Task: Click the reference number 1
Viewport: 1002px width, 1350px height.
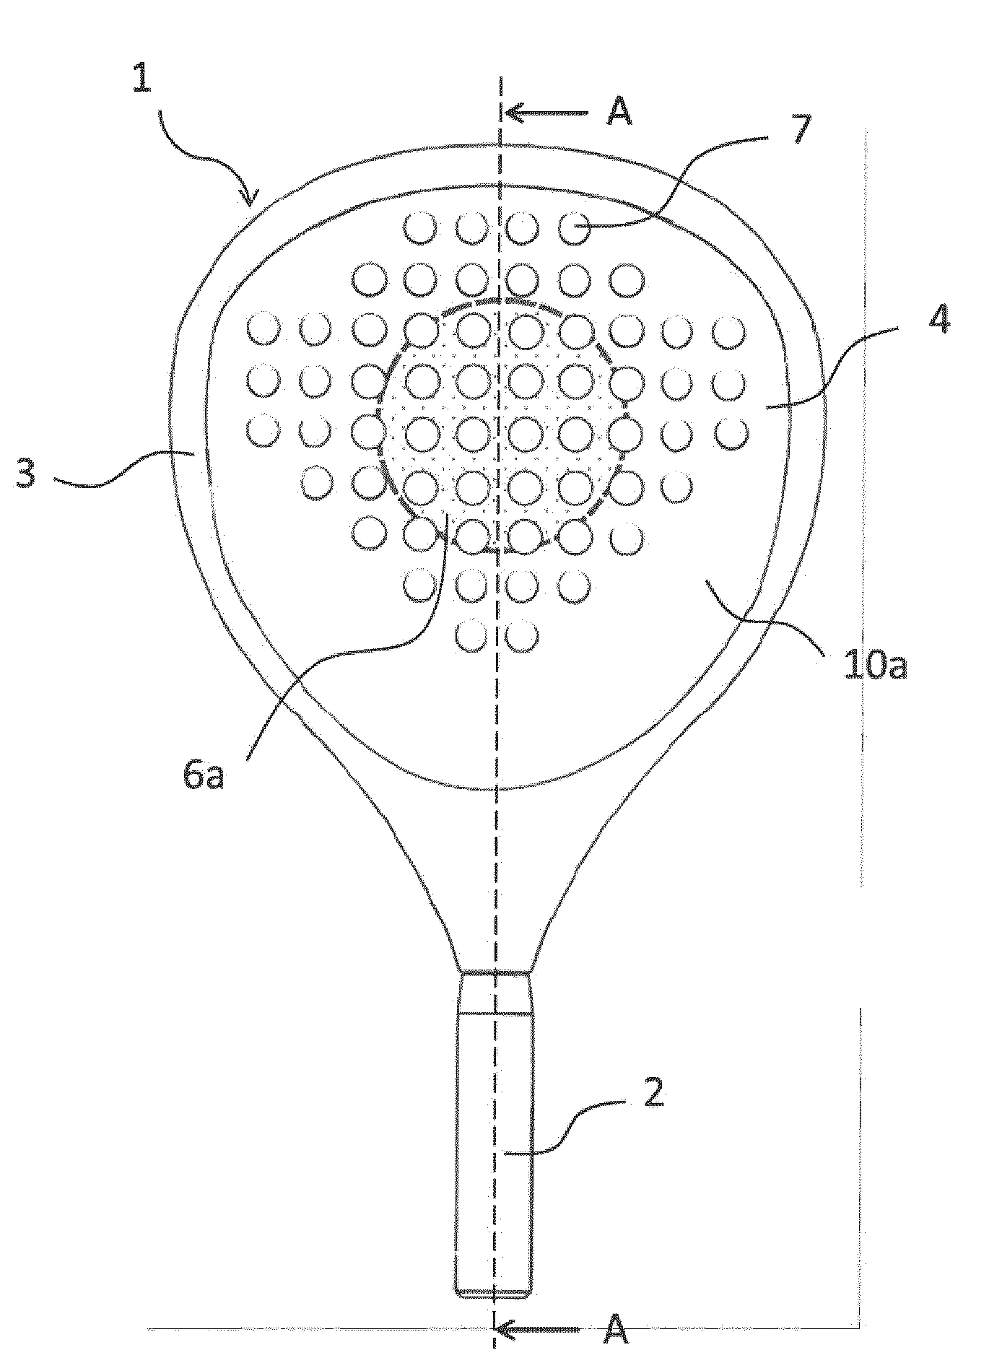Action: [142, 78]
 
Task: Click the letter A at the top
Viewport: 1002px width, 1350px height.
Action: [618, 113]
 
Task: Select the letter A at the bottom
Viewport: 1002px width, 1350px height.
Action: [615, 1328]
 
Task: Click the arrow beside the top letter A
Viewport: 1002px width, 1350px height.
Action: [546, 113]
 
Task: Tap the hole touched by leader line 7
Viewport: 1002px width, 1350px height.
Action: [575, 228]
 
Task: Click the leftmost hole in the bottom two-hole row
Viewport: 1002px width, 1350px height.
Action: [472, 636]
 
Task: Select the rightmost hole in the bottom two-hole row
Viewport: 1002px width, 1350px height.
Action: [523, 636]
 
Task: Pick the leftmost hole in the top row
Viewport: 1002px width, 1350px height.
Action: [420, 228]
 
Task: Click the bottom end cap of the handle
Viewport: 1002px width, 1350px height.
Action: [495, 1291]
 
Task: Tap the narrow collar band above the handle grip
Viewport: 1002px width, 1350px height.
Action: [495, 993]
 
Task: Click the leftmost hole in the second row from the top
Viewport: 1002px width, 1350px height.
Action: [370, 279]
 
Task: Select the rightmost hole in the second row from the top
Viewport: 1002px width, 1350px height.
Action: [625, 279]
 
